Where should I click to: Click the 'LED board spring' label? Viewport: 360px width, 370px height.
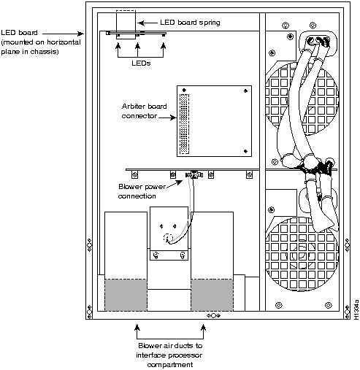tap(190, 23)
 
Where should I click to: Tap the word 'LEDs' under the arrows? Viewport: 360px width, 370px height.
tap(141, 63)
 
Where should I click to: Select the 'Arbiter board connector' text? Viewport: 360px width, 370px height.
tap(144, 111)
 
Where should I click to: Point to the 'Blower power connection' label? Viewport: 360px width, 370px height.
tap(142, 191)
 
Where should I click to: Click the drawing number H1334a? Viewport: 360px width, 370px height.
tap(356, 309)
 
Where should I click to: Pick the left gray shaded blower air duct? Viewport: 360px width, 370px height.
tap(126, 295)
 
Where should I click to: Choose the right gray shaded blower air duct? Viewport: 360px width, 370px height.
tap(212, 295)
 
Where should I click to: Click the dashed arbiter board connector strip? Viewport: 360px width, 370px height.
tap(184, 124)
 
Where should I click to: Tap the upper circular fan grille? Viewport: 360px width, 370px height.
tap(302, 99)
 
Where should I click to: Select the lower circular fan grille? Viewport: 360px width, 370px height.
tap(302, 254)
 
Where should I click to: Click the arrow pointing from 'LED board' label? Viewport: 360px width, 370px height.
tap(64, 34)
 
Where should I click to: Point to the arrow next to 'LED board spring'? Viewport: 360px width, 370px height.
tap(148, 23)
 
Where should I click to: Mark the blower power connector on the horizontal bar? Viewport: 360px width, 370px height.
tap(194, 174)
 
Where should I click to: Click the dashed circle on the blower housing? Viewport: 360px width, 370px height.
tap(168, 238)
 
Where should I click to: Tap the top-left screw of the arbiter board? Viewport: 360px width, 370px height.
tap(184, 90)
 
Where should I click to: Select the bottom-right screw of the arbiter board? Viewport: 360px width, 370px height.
tap(245, 151)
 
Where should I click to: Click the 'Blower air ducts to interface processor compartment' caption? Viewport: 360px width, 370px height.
tap(170, 355)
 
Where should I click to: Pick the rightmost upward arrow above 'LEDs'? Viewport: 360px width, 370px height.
tap(164, 50)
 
